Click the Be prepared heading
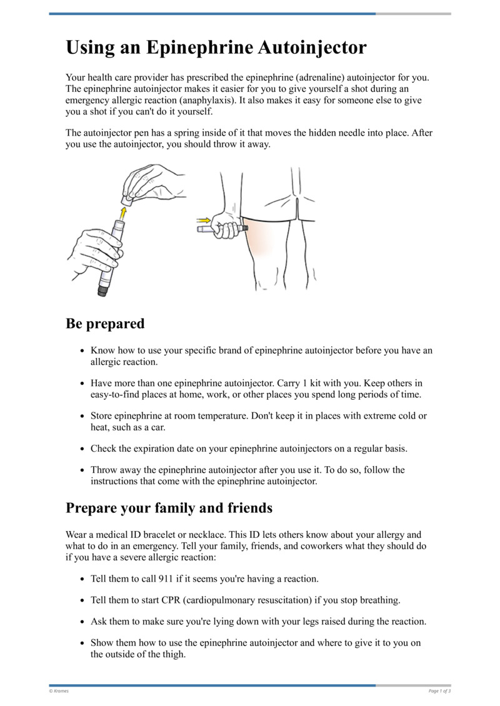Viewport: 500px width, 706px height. click(105, 324)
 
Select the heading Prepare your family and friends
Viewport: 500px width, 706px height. click(169, 508)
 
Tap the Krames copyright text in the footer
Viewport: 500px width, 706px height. click(59, 691)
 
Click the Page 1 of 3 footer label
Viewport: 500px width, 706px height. click(439, 691)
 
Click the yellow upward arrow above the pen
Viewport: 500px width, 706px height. click(122, 214)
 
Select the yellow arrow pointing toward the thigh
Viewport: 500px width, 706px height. click(204, 220)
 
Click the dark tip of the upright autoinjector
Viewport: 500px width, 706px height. click(104, 289)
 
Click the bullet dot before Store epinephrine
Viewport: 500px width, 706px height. click(83, 416)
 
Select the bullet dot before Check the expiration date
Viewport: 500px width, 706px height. click(83, 449)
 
